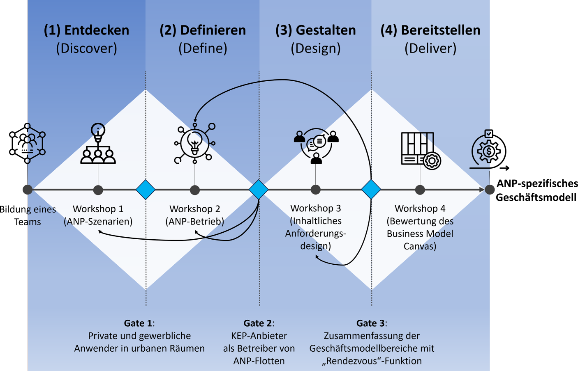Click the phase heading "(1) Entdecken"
(x=86, y=30)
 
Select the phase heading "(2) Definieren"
(x=203, y=30)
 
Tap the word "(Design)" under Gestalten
(x=316, y=48)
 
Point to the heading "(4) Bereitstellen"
(x=430, y=30)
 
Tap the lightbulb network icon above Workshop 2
(x=195, y=143)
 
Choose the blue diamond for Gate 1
(x=146, y=190)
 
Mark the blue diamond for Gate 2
(x=259, y=190)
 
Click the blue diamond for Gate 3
(x=371, y=190)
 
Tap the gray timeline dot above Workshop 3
(x=316, y=190)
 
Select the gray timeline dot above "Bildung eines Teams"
(x=28, y=190)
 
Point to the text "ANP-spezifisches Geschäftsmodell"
(x=536, y=190)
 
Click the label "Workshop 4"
(x=420, y=208)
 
